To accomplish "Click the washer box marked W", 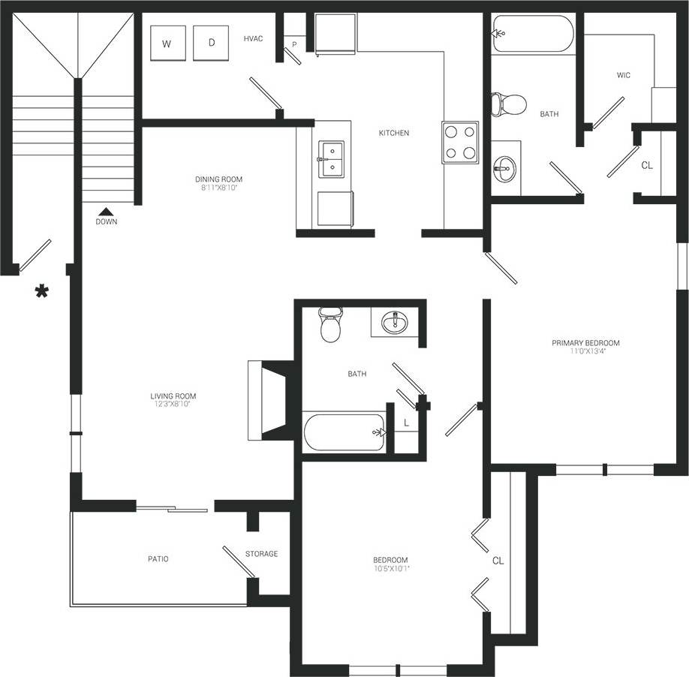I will [167, 44].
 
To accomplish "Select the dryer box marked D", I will [211, 44].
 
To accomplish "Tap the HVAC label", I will [253, 38].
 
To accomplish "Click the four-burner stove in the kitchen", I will [460, 142].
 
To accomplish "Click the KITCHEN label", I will [393, 133].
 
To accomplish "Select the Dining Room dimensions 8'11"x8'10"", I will [218, 188].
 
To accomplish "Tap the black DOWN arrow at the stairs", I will [106, 212].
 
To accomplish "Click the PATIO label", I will [158, 559].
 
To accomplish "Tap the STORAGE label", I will [261, 554].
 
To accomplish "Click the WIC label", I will [623, 75].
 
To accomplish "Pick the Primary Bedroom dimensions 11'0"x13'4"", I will [585, 352].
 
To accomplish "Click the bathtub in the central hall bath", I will [344, 432].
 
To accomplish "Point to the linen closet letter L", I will [406, 423].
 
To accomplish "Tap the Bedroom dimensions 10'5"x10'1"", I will [390, 569].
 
